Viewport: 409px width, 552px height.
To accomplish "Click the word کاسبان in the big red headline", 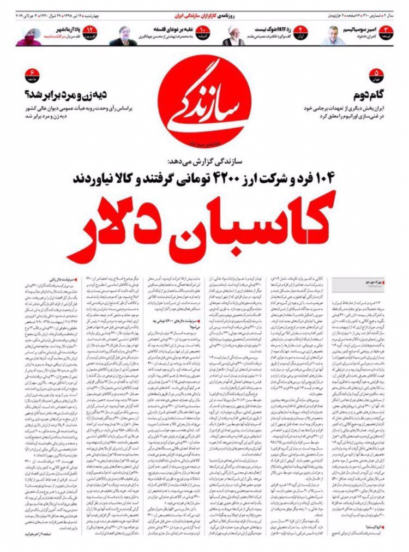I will pyautogui.click(x=256, y=224).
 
